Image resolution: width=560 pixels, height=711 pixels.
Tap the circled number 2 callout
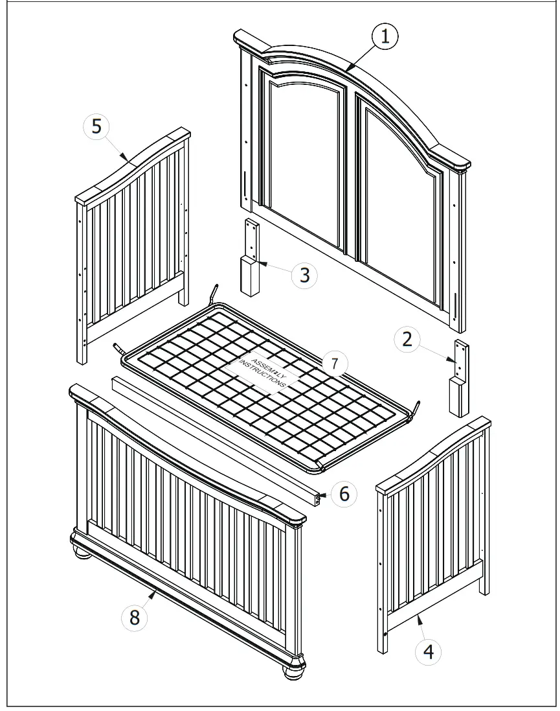click(407, 340)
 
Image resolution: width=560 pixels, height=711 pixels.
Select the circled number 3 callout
click(304, 275)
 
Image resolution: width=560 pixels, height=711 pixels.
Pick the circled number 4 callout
click(429, 651)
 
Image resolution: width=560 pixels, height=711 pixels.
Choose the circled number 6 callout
click(344, 495)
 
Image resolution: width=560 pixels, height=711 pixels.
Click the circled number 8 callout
click(135, 618)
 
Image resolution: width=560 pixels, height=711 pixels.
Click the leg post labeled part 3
click(251, 259)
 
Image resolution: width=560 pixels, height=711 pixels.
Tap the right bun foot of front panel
click(295, 670)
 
